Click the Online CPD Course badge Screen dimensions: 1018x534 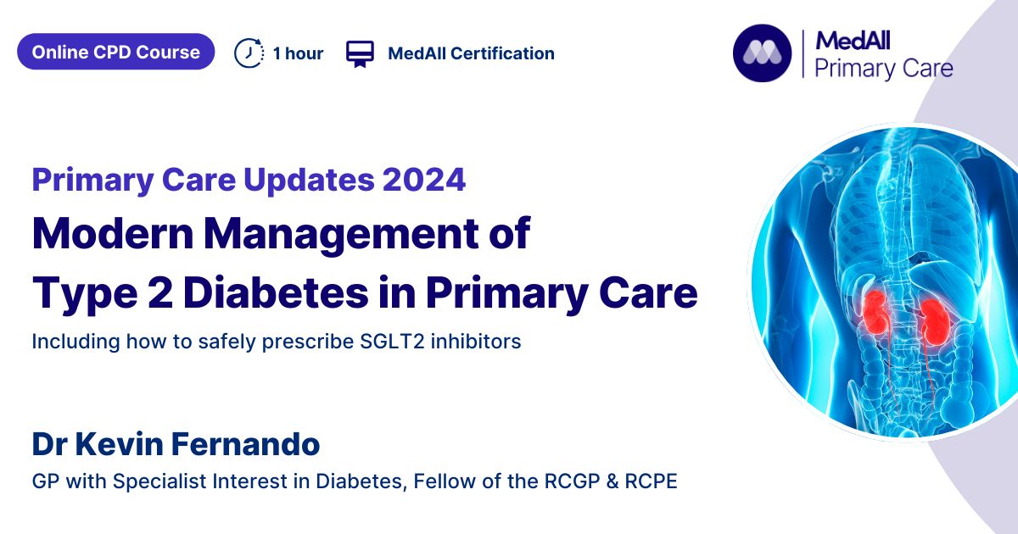116,52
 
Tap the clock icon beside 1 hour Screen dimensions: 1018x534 249,53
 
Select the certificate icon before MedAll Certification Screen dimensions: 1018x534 360,53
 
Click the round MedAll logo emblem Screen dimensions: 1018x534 762,53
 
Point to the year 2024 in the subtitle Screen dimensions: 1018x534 424,180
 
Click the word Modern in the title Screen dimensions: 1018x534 113,234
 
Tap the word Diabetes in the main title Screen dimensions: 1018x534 277,293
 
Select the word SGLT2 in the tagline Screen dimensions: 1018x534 392,342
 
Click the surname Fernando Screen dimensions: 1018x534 246,444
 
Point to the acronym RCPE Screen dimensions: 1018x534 651,481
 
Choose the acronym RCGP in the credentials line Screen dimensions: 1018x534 572,481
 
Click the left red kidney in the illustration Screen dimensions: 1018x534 875,313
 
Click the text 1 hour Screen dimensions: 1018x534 298,53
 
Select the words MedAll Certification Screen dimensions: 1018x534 472,53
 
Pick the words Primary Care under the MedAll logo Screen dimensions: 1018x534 883,70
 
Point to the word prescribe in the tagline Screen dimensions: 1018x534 308,342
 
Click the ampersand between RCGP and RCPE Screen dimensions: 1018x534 612,481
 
